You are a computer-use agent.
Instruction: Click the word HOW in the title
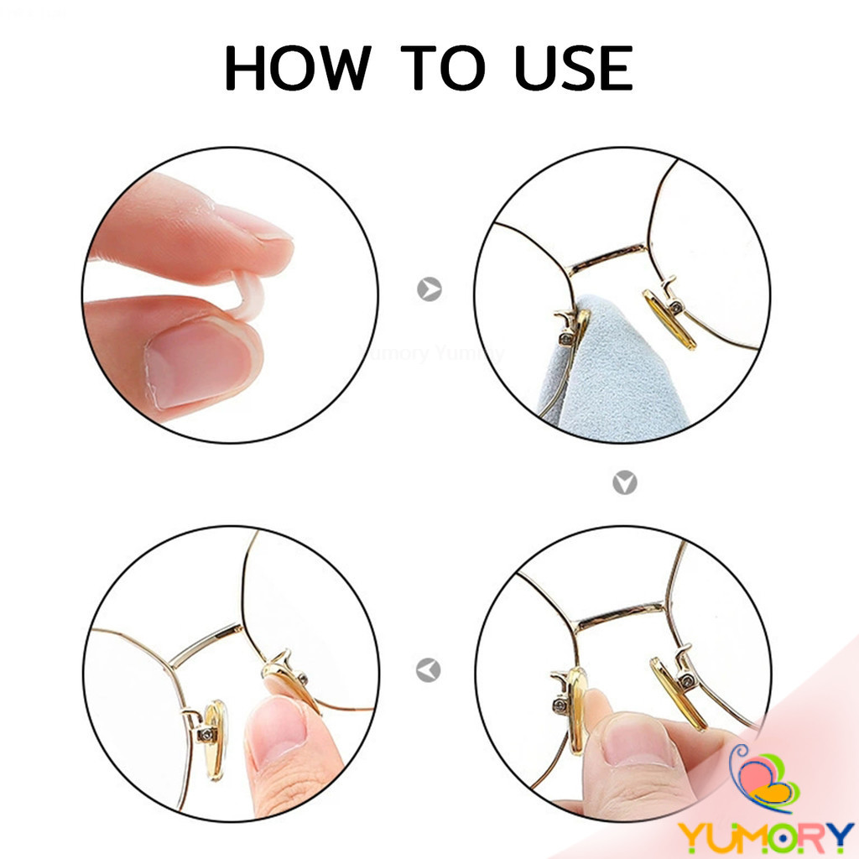pyautogui.click(x=298, y=67)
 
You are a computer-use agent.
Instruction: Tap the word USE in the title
pyautogui.click(x=574, y=67)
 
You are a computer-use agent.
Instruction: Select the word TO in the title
pyautogui.click(x=443, y=67)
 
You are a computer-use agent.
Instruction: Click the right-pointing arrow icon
pyautogui.click(x=429, y=289)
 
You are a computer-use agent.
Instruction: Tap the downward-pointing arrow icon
pyautogui.click(x=624, y=482)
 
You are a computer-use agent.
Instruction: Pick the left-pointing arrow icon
pyautogui.click(x=429, y=670)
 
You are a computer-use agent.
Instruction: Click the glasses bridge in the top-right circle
pyautogui.click(x=608, y=258)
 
